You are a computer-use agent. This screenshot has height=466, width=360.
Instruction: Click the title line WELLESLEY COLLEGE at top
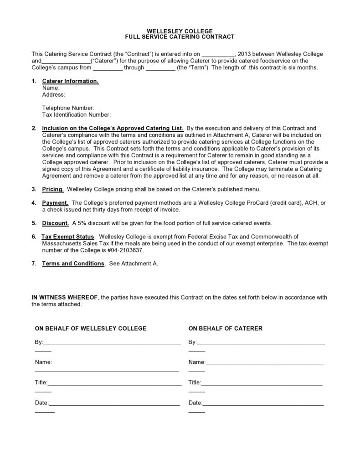coord(180,31)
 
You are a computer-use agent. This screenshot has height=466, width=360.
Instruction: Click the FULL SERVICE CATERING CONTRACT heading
coord(180,36)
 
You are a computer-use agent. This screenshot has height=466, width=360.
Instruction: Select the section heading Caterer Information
coord(70,81)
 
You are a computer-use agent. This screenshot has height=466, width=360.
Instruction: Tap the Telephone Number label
coord(68,108)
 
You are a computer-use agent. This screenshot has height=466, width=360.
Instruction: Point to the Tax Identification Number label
coord(77,115)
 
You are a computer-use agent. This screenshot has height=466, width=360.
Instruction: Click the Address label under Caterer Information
coord(53,95)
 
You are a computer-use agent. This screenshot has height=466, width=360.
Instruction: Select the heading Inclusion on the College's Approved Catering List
coord(113,129)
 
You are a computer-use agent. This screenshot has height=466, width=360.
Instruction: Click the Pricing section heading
coord(52,189)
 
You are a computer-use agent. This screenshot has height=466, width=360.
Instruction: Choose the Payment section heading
coord(55,203)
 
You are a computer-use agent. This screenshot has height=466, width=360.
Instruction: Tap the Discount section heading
coord(56,223)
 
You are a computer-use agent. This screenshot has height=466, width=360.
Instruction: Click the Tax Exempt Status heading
coord(68,237)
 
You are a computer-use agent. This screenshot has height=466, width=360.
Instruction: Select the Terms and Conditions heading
coord(73,264)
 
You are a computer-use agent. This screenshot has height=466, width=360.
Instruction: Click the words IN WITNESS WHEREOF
coord(65,297)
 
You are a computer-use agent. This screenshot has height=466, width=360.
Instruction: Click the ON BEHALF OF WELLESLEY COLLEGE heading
coord(91,328)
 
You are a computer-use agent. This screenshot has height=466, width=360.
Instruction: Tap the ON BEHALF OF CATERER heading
coord(225,328)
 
